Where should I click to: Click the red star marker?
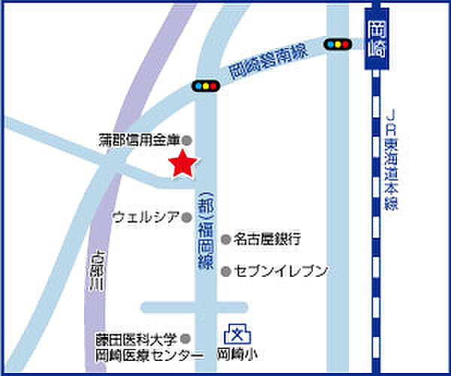tap(182, 164)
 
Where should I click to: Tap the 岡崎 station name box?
tap(377, 41)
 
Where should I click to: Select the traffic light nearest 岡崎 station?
tap(338, 44)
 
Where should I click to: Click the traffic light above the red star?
tap(204, 86)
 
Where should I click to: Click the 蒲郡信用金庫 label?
tap(140, 140)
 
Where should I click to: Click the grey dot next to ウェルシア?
tap(187, 217)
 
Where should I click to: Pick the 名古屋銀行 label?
tap(267, 239)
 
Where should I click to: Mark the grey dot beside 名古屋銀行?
tap(225, 239)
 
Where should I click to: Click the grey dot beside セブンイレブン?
tap(225, 270)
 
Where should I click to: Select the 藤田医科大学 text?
tap(139, 340)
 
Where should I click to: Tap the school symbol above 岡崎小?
tap(236, 333)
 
